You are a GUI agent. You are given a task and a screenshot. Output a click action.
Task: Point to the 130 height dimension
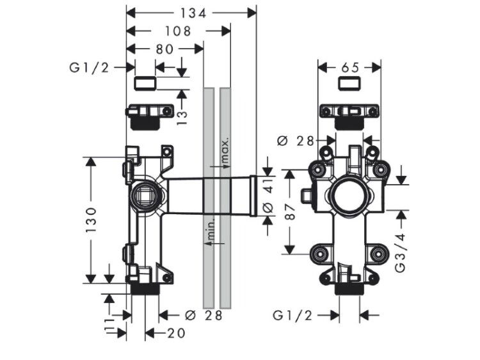pos(92,219)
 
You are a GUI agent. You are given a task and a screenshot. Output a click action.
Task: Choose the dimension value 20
pos(176,333)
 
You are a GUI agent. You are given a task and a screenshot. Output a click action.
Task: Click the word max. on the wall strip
pos(225,149)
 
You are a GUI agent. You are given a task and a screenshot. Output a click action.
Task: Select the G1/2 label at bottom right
pos(293,315)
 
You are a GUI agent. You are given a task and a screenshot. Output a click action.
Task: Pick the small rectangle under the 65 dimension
pos(350,82)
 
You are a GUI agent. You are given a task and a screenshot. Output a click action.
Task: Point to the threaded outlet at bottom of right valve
pos(349,289)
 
